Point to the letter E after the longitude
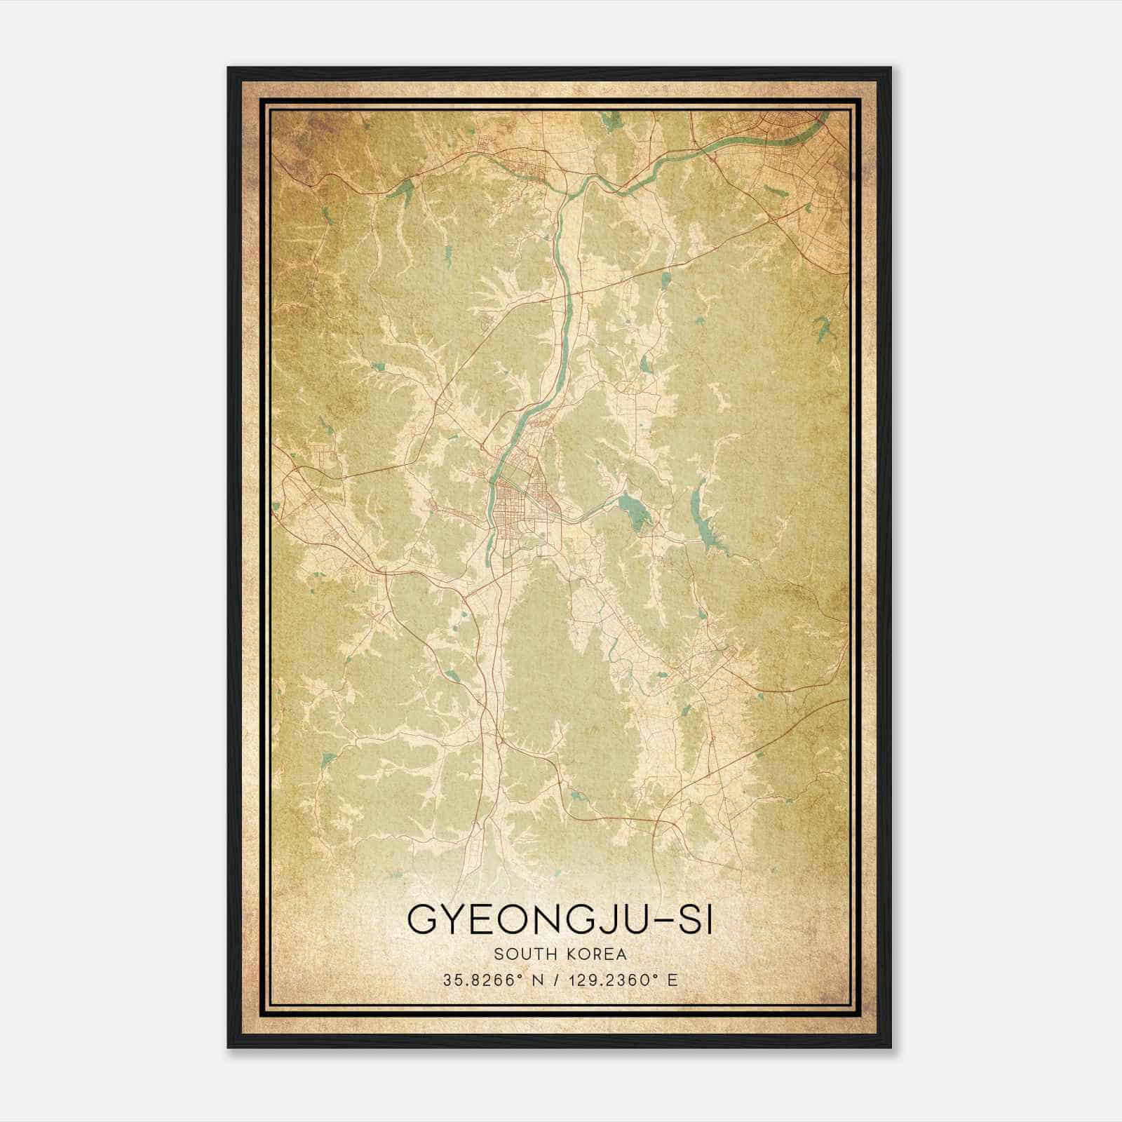pos(672,980)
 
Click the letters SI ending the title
pos(698,921)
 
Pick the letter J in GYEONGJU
pos(611,921)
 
